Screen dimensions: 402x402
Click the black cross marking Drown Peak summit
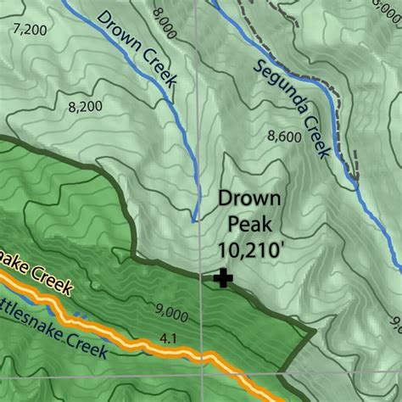click(x=223, y=277)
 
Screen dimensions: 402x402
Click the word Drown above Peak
click(x=248, y=200)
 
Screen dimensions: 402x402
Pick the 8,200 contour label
click(x=82, y=107)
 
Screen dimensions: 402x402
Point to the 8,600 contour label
click(x=282, y=135)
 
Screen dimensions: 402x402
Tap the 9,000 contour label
click(x=172, y=315)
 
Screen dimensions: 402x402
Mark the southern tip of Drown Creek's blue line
click(x=194, y=221)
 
